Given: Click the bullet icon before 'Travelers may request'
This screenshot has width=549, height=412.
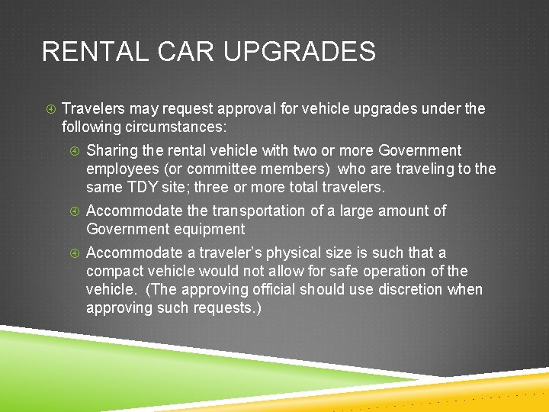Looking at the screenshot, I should point(49,109).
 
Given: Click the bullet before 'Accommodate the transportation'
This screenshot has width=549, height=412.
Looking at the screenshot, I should point(74,211).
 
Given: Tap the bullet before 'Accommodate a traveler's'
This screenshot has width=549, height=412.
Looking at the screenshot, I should point(74,253).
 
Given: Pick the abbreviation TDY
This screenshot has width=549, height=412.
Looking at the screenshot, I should point(141,187).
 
